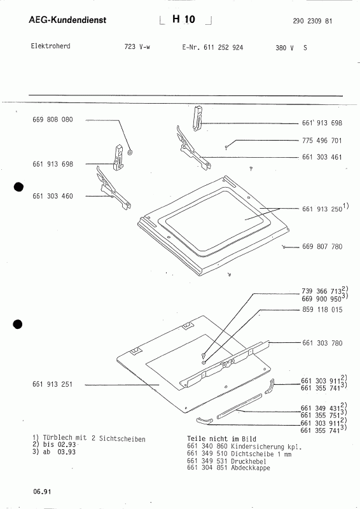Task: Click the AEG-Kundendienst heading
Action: point(67,20)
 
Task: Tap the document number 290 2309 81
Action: point(312,21)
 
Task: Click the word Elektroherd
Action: point(50,46)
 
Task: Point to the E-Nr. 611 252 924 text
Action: point(212,47)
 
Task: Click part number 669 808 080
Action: point(53,120)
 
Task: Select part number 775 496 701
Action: point(322,141)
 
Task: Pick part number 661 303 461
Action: point(322,157)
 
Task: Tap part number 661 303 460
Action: point(53,196)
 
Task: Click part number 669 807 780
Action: point(322,247)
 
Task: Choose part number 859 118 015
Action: point(322,310)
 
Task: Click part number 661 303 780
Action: point(322,343)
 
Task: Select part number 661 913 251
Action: point(53,384)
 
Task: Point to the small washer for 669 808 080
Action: point(130,152)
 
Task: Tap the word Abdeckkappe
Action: point(250,468)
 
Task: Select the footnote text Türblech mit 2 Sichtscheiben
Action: point(94,438)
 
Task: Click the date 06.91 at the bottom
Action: point(42,491)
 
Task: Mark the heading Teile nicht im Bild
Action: point(221,439)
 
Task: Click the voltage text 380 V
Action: point(285,48)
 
